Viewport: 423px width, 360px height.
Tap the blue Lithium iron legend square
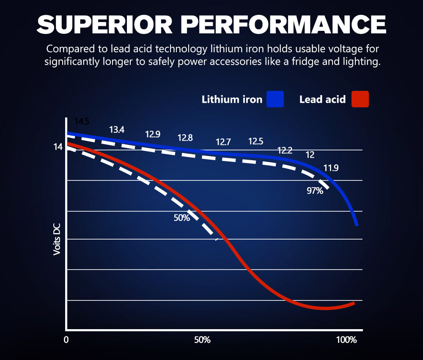coord(275,99)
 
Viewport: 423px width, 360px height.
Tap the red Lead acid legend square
coord(360,99)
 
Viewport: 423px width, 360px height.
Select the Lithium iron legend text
coord(232,100)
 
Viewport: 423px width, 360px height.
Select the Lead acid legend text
coord(322,100)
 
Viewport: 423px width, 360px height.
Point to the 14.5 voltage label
coord(82,122)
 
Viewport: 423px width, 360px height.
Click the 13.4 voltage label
coord(117,130)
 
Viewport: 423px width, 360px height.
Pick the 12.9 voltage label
coord(153,134)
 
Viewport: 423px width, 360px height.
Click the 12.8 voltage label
coord(185,138)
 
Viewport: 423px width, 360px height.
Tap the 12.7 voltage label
coord(223,142)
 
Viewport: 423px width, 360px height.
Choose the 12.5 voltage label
coord(255,141)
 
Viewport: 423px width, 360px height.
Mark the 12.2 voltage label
coord(285,150)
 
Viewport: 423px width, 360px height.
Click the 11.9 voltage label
coord(331,168)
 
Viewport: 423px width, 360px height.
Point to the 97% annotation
coord(315,191)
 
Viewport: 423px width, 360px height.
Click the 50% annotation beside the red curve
coord(181,218)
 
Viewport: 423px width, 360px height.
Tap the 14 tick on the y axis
coord(58,147)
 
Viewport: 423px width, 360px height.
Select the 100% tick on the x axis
coord(346,340)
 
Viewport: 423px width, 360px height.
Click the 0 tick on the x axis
coord(66,340)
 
